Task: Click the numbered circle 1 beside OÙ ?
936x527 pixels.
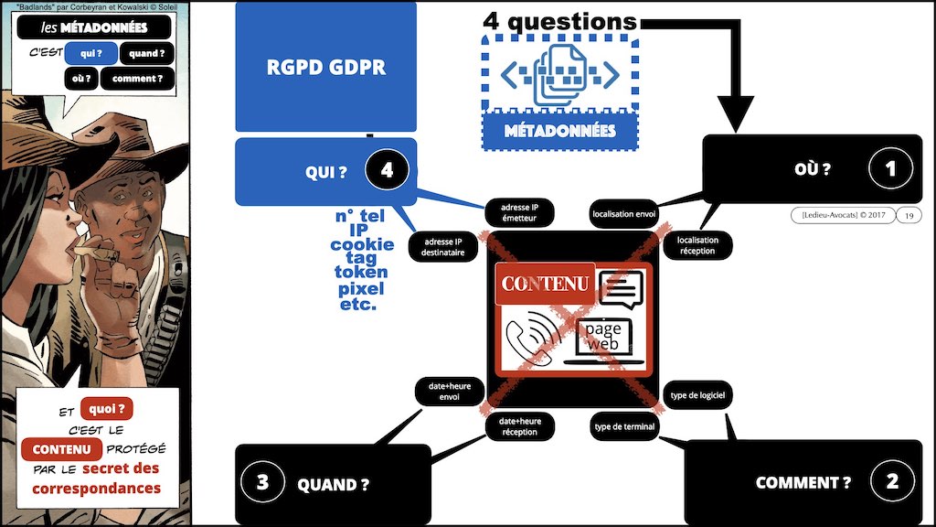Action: [x=890, y=168]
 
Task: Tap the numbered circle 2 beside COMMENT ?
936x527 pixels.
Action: [x=890, y=482]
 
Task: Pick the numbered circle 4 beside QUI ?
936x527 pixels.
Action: [x=387, y=169]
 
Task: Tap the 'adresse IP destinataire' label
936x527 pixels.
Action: [x=442, y=246]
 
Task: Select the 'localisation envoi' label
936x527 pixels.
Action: [x=624, y=213]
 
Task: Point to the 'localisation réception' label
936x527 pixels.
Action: [x=697, y=245]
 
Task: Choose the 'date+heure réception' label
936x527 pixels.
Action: [x=519, y=426]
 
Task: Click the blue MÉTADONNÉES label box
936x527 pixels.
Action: [x=559, y=130]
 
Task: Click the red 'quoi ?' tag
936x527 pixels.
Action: [x=107, y=410]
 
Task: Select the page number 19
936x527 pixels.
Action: [x=909, y=215]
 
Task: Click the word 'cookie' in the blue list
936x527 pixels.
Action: [x=362, y=245]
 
